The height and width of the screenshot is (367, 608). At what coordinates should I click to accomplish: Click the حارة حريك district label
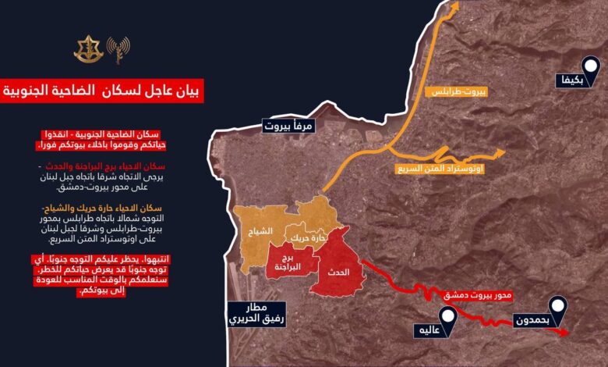306,235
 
